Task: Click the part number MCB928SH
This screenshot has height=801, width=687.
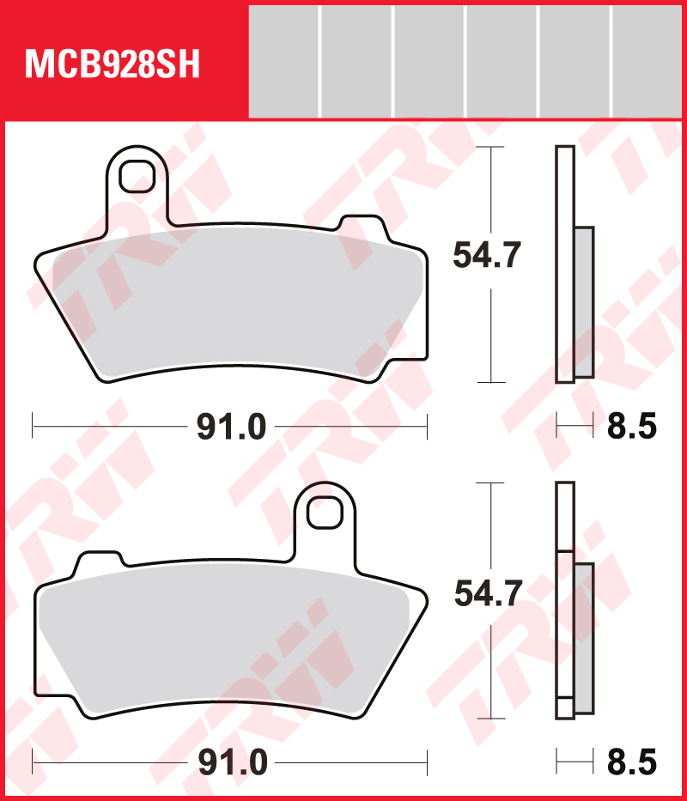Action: pos(112,64)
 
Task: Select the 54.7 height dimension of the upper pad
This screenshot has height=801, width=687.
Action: pos(487,255)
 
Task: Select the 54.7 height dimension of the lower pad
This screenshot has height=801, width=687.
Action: pos(487,592)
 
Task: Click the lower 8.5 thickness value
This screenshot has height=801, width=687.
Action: pos(632,762)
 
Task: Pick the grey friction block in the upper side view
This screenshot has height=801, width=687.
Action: pos(584,302)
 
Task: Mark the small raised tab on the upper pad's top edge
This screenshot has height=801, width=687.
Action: pos(362,226)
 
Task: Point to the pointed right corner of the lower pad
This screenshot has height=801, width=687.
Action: pos(423,598)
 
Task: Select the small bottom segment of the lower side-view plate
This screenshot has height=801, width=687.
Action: pos(564,708)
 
